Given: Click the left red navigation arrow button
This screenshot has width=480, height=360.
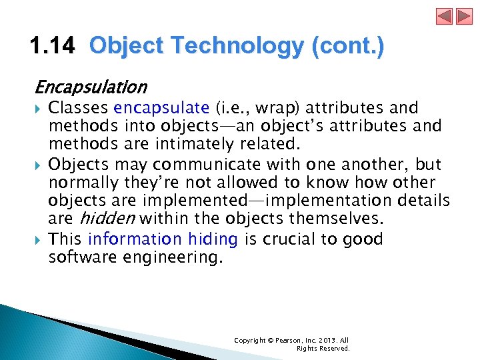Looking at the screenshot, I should point(445,16).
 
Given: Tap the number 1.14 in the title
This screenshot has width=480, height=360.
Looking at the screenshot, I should point(53,47).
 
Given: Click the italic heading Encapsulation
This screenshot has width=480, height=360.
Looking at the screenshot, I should point(91,87).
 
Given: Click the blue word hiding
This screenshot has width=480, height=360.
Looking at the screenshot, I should point(213,239).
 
